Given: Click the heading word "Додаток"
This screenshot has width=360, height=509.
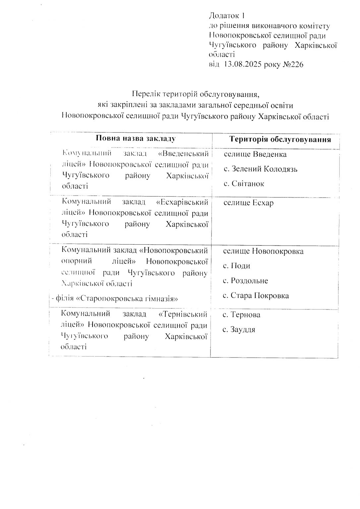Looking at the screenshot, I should coord(224,16).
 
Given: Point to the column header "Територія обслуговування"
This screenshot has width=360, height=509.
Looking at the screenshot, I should coord(280,139).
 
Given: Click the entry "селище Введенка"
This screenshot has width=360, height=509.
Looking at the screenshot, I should coord(255,154).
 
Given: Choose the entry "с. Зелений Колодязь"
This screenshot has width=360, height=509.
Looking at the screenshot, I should coord(260,169).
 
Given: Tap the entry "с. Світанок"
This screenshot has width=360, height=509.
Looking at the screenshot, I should coord(244,184).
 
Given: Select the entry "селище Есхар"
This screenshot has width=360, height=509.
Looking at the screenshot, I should coord(248,203).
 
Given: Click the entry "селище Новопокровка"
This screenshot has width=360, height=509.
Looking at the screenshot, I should coord(263,251).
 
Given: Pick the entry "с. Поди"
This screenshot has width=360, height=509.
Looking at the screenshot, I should coord(236,266).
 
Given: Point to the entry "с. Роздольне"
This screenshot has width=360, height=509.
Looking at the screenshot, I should coord(245,281).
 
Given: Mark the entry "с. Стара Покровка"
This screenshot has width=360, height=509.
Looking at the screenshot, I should coord(256,296).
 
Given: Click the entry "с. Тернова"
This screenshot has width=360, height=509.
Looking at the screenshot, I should coord(241,315).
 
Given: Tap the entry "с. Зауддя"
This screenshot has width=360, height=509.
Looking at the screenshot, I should coord(239,330).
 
